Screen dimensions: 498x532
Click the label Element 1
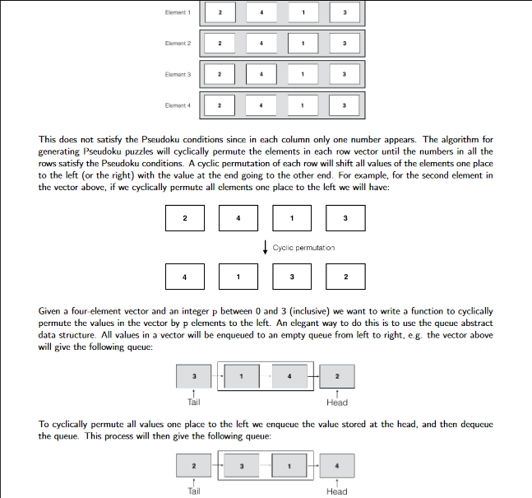tap(178, 13)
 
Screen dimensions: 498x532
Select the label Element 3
tap(178, 74)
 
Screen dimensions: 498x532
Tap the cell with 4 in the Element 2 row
tap(261, 43)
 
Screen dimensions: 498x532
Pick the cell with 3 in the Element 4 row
tap(345, 105)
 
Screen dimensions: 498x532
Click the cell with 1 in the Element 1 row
tap(303, 13)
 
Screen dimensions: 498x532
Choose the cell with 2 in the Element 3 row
tap(220, 74)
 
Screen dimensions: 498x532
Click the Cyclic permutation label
tap(303, 247)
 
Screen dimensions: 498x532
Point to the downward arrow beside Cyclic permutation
tap(265, 247)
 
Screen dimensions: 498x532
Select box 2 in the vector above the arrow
tap(184, 218)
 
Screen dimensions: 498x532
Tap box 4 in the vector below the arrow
tap(184, 277)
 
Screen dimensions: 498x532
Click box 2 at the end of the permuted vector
tap(346, 277)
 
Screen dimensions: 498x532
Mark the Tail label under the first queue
tap(194, 403)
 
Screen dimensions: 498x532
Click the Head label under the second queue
tap(337, 491)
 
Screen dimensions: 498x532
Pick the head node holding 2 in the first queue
tap(337, 376)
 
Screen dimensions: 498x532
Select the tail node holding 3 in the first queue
tap(194, 376)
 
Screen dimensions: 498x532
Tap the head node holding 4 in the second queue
tap(337, 465)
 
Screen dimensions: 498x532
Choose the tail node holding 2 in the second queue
tap(194, 465)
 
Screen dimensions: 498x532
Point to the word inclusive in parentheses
tap(341, 312)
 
